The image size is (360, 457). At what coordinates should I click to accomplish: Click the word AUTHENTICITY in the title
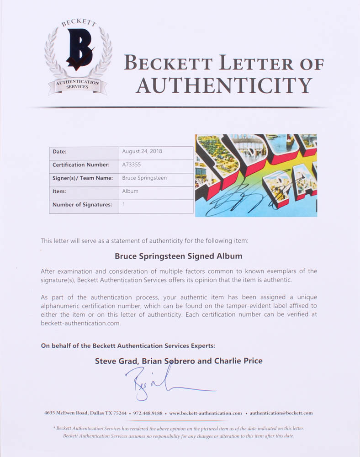pos(224,85)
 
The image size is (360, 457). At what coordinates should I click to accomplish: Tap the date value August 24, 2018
pos(142,151)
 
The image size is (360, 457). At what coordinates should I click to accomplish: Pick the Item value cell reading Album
pos(130,191)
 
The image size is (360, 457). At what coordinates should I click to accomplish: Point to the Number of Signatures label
pos(82,205)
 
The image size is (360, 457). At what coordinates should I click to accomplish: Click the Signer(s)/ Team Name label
pos(83,178)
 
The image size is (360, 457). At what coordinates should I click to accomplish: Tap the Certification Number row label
pos(81,165)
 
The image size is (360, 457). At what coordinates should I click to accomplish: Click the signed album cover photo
pos(256,175)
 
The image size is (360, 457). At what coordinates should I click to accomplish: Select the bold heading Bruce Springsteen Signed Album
pos(179,256)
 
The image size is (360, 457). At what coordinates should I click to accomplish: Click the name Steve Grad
pos(115,361)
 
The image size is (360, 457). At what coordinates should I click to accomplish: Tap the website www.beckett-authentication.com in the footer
pos(206,413)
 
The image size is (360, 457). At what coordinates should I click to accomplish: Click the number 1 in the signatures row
pos(124,205)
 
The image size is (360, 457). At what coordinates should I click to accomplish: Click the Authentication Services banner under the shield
pos(77,85)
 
